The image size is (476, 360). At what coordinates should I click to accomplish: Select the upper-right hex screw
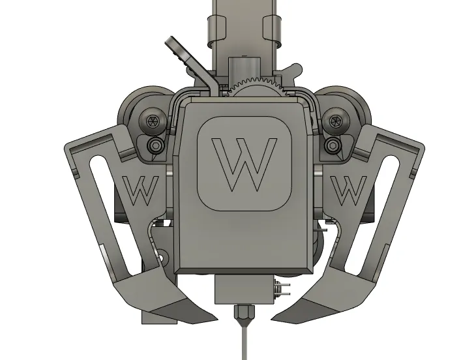(x=335, y=121)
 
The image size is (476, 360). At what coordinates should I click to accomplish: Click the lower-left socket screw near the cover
(x=155, y=145)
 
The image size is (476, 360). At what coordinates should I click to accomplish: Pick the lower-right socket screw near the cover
(x=333, y=145)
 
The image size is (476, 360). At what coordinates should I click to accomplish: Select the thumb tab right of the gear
(x=293, y=70)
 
